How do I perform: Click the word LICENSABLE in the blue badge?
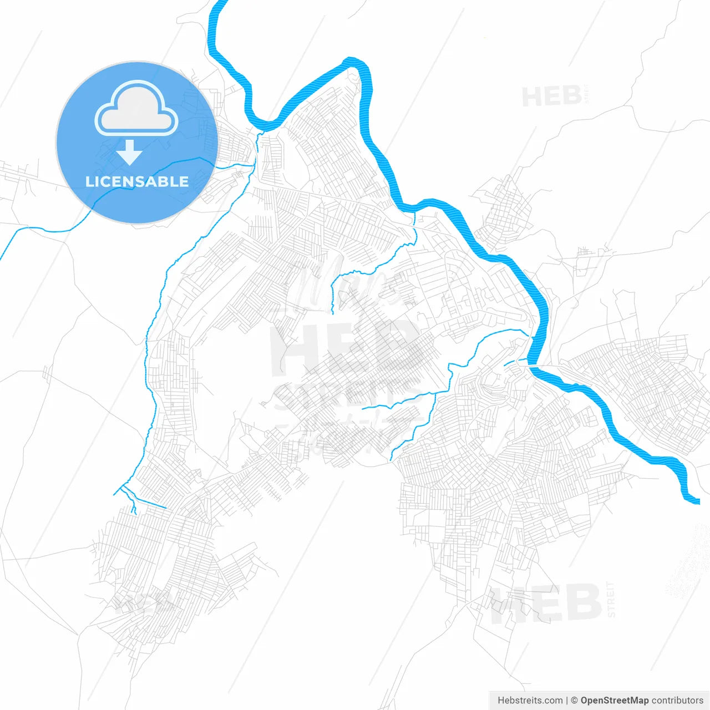(x=137, y=181)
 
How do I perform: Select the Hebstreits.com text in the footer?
(x=530, y=701)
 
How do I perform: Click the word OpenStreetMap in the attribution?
(x=614, y=701)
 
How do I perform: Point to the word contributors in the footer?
(x=677, y=701)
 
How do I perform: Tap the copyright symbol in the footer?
(x=575, y=701)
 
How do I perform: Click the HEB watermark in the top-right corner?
(x=551, y=97)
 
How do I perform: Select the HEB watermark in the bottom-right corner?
(x=546, y=603)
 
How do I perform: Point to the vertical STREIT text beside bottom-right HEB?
(x=611, y=600)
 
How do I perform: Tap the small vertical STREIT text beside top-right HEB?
(x=588, y=94)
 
